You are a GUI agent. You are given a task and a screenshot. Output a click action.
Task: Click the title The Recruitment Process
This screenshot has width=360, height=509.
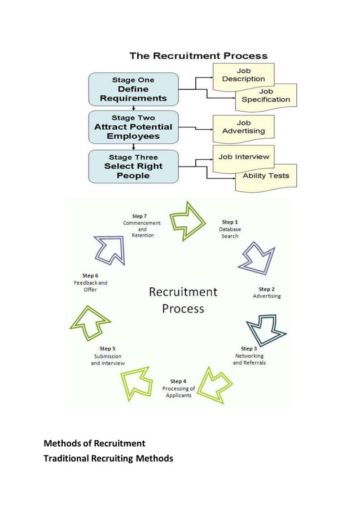pyautogui.click(x=198, y=56)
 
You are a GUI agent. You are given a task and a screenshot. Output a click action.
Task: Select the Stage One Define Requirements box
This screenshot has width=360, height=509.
pyautogui.click(x=133, y=89)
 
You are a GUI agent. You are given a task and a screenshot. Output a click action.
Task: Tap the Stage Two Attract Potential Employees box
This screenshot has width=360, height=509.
pyautogui.click(x=133, y=127)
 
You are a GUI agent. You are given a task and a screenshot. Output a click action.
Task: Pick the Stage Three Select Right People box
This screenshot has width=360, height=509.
pyautogui.click(x=133, y=166)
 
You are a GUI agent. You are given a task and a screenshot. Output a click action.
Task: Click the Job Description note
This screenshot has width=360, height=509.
pyautogui.click(x=243, y=75)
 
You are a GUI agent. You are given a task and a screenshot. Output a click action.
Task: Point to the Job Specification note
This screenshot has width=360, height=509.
pyautogui.click(x=266, y=95)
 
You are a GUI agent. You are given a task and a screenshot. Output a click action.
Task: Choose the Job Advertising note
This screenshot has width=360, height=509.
pyautogui.click(x=243, y=126)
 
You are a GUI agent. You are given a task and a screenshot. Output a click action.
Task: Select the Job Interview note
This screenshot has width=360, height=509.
pyautogui.click(x=244, y=156)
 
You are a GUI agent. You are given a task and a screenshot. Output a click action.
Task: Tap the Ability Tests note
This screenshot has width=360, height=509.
pyautogui.click(x=266, y=175)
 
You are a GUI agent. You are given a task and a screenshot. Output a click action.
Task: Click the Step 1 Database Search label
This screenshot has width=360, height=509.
pyautogui.click(x=230, y=229)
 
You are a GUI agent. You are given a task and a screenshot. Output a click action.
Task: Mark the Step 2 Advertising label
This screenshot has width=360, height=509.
pyautogui.click(x=266, y=292)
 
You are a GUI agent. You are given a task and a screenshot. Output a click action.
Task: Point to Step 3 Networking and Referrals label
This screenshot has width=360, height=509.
pyautogui.click(x=249, y=356)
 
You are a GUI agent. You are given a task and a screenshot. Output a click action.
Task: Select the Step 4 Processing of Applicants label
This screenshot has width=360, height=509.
pyautogui.click(x=178, y=388)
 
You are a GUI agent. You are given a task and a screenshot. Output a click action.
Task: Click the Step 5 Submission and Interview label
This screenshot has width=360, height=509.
pyautogui.click(x=108, y=356)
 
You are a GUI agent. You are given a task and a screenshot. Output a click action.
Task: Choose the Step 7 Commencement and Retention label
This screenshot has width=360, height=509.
pyautogui.click(x=142, y=226)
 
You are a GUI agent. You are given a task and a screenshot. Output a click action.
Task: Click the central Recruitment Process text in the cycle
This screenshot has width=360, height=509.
pyautogui.click(x=183, y=300)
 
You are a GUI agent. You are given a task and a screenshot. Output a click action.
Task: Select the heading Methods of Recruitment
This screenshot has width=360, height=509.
pyautogui.click(x=95, y=443)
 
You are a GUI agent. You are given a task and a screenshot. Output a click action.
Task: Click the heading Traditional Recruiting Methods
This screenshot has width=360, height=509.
pyautogui.click(x=108, y=458)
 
